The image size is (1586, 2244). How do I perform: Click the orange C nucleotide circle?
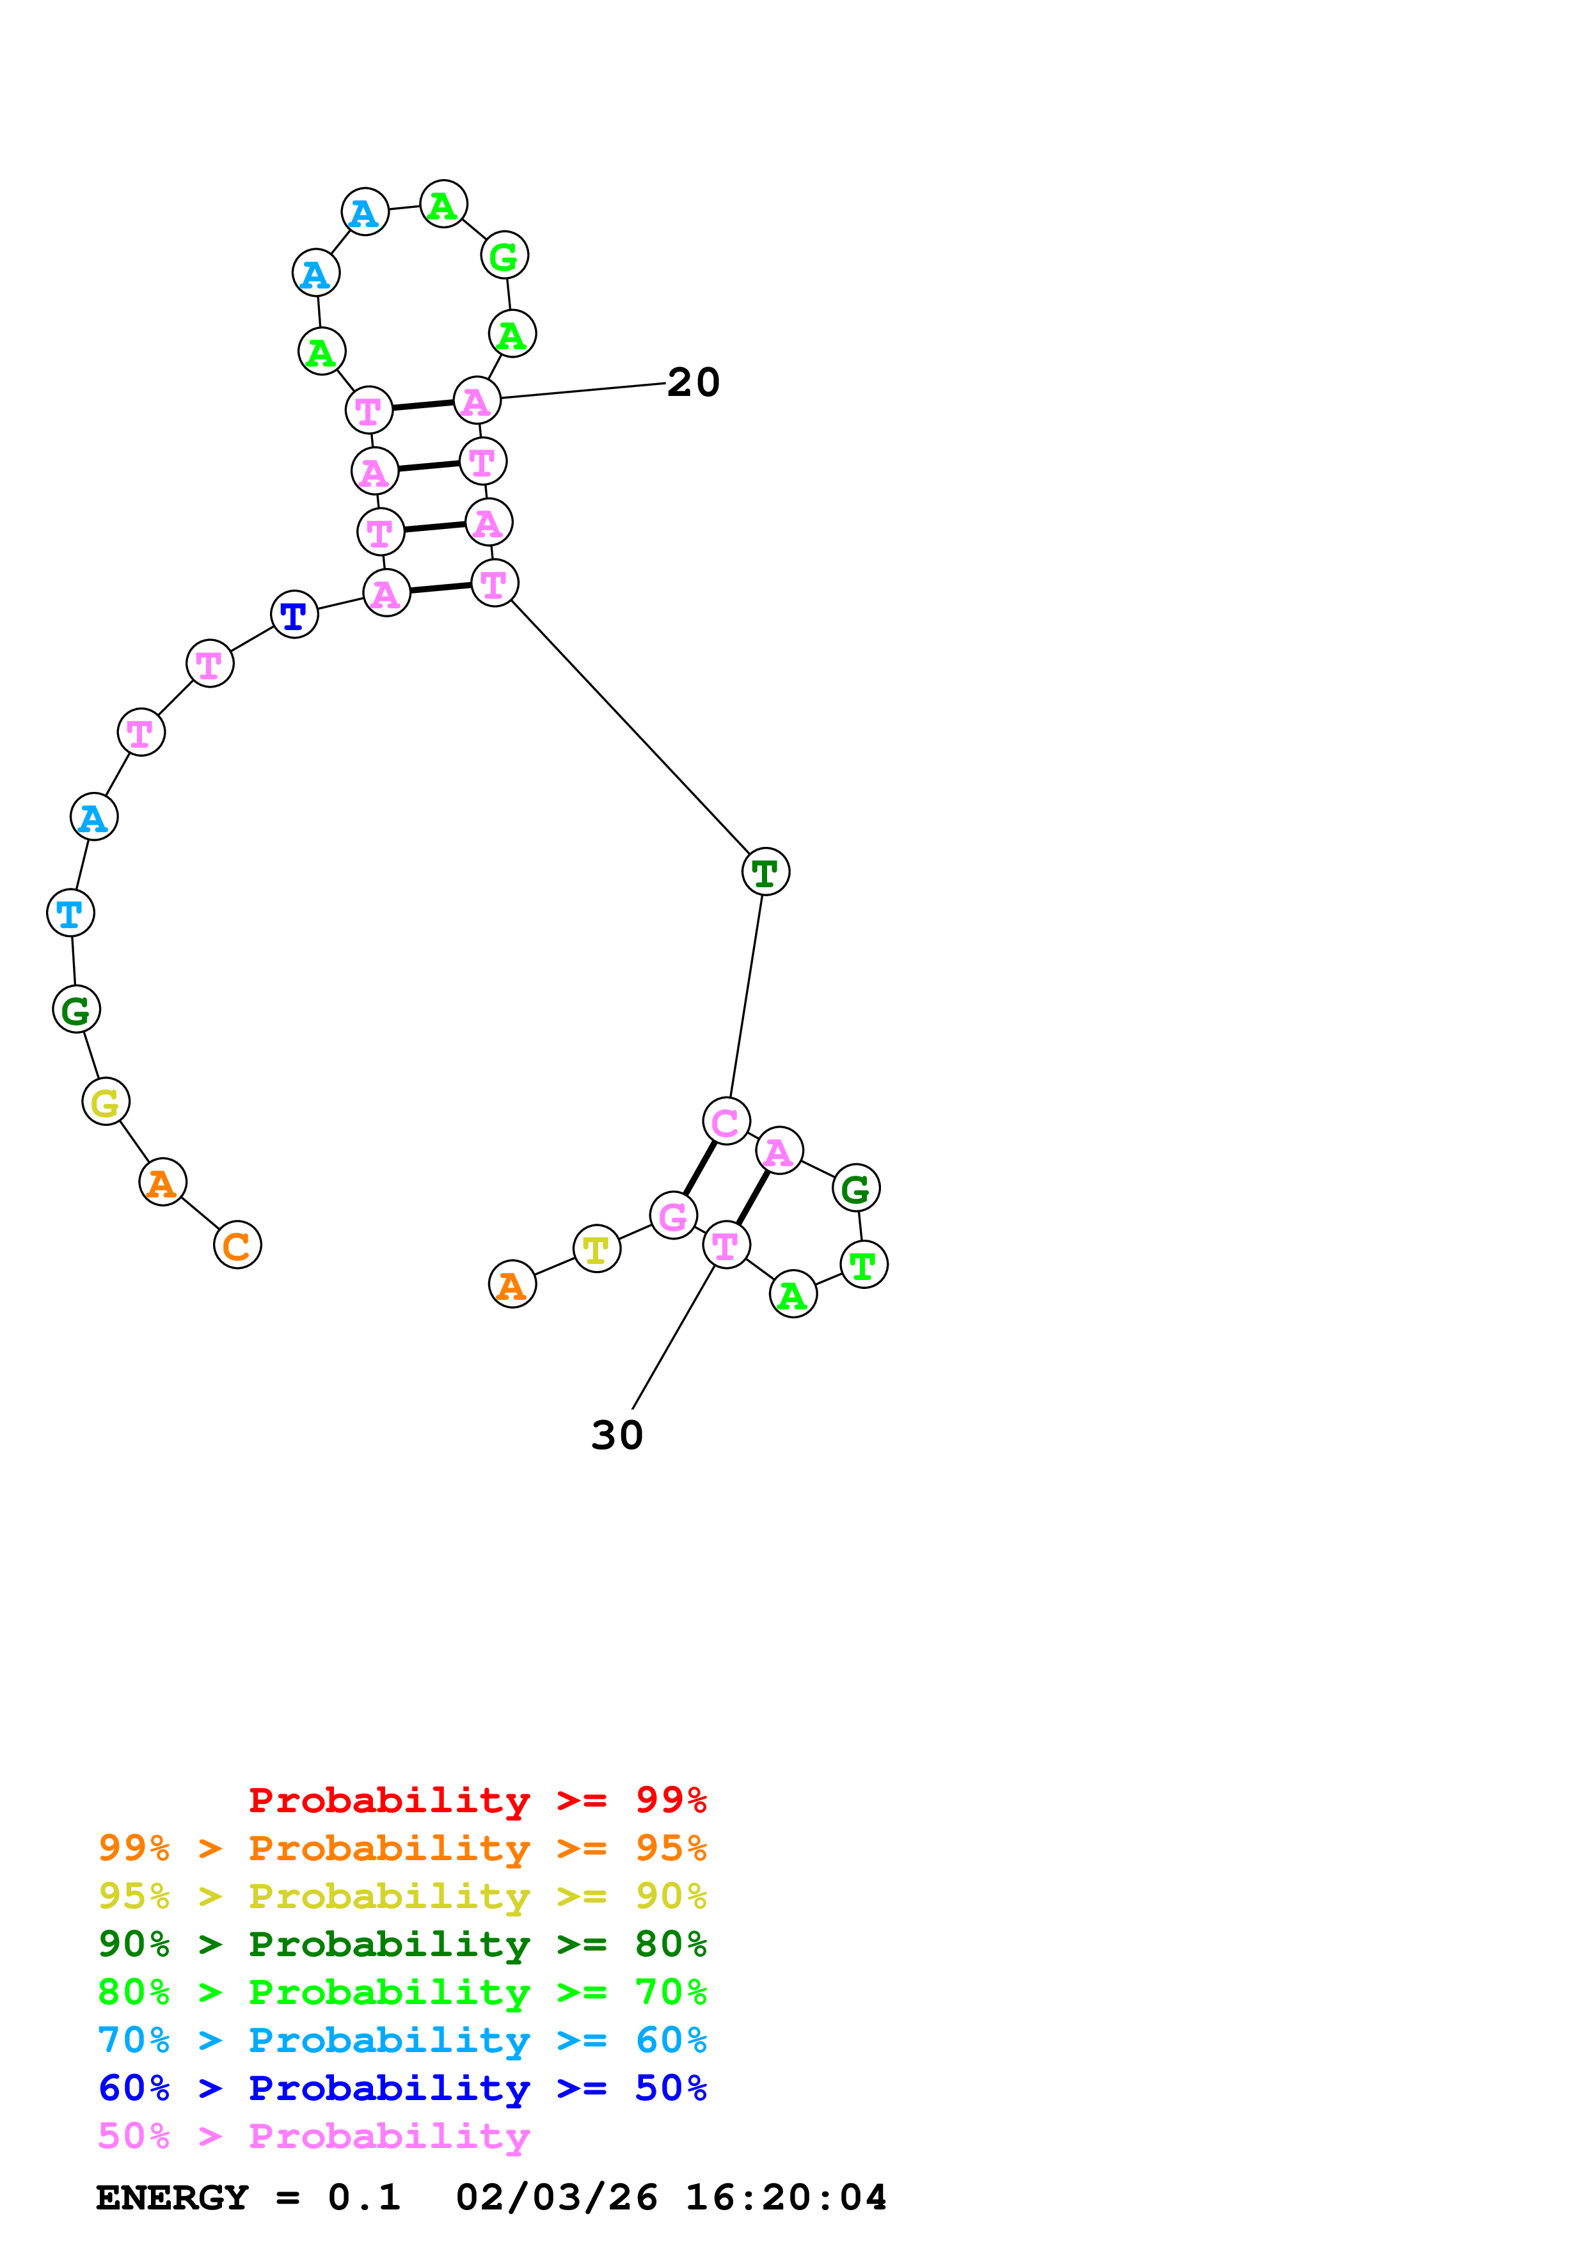click(237, 1244)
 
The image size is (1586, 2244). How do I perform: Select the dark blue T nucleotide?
click(294, 615)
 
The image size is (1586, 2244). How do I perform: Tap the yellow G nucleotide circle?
click(106, 1102)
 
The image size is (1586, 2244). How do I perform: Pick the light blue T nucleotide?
click(70, 913)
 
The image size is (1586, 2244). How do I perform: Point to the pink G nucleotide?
click(673, 1216)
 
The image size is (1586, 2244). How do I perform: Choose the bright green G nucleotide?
click(504, 255)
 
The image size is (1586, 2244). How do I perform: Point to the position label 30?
click(617, 1435)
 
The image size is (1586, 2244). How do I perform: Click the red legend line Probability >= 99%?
click(477, 1800)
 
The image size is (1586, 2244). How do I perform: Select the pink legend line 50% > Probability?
click(313, 2135)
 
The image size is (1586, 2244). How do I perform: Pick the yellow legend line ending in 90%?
click(402, 1896)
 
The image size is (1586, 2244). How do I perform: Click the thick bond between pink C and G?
click(700, 1168)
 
